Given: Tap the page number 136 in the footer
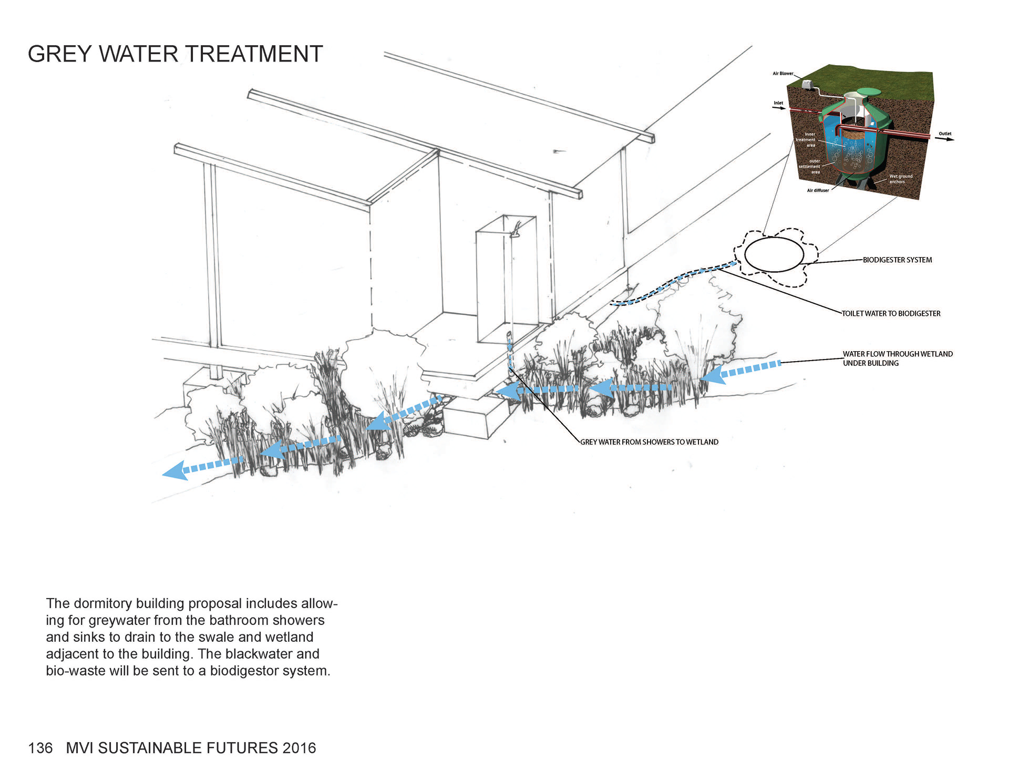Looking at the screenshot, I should point(40,748).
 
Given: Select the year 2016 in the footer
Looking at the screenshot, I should point(299,748).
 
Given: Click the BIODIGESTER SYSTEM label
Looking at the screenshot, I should point(897,260).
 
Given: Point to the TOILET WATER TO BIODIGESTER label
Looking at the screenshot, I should point(891,313).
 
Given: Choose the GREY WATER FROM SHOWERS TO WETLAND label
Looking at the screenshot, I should point(649,442).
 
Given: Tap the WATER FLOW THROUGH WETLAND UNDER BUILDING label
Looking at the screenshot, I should point(897,358).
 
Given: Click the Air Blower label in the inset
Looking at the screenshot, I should point(783,74).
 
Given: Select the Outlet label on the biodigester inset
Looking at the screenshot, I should point(945,134).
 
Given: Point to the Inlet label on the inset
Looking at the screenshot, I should point(778,103).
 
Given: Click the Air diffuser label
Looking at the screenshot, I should point(818,190).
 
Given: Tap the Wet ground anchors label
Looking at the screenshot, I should point(900,179).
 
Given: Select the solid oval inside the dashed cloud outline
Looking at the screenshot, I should point(774,254).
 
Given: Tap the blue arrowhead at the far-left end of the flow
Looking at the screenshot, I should point(173,470).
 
